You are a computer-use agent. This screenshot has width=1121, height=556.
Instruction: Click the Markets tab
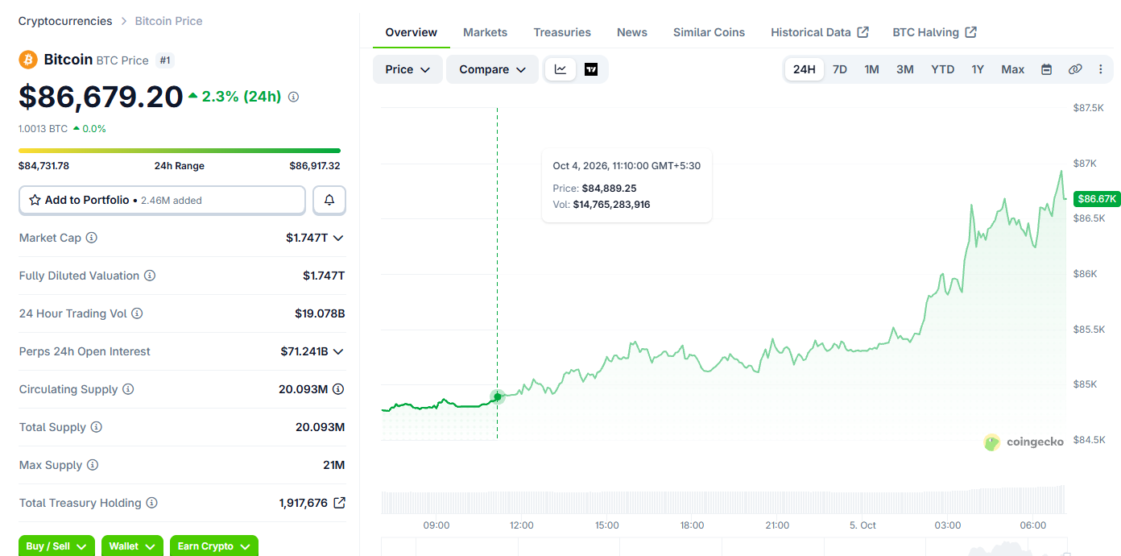pyautogui.click(x=485, y=32)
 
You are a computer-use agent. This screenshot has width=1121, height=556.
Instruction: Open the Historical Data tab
pyautogui.click(x=819, y=32)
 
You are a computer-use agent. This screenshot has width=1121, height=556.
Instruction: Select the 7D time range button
pyautogui.click(x=839, y=69)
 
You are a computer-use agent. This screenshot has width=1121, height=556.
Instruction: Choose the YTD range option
pyautogui.click(x=942, y=69)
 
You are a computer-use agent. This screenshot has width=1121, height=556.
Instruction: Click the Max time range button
pyautogui.click(x=1012, y=69)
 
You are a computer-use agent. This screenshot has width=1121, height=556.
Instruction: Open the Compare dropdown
pyautogui.click(x=492, y=69)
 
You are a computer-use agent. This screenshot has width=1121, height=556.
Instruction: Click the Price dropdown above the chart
pyautogui.click(x=407, y=69)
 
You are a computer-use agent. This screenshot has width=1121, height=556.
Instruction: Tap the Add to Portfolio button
pyautogui.click(x=162, y=201)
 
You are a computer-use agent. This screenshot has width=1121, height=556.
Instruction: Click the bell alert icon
pyautogui.click(x=329, y=201)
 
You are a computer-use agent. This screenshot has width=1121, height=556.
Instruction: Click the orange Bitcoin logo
pyautogui.click(x=28, y=60)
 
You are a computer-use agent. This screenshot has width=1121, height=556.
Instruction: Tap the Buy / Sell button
pyautogui.click(x=56, y=546)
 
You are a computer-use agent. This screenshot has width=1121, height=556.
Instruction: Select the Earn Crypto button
pyautogui.click(x=213, y=546)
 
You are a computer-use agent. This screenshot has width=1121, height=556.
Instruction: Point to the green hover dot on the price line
pyautogui.click(x=498, y=396)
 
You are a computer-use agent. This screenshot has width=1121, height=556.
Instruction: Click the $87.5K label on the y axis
pyautogui.click(x=1088, y=108)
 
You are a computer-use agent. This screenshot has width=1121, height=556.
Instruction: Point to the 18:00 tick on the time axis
pyautogui.click(x=692, y=525)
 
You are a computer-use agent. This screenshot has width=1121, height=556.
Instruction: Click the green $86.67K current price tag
pyautogui.click(x=1097, y=199)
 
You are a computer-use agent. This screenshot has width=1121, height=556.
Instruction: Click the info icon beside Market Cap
pyautogui.click(x=92, y=238)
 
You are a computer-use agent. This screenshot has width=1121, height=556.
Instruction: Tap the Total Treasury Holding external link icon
pyautogui.click(x=339, y=502)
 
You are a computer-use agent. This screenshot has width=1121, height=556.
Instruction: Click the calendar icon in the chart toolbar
pyautogui.click(x=1046, y=69)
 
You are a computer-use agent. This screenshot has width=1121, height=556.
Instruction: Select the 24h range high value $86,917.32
pyautogui.click(x=315, y=166)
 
